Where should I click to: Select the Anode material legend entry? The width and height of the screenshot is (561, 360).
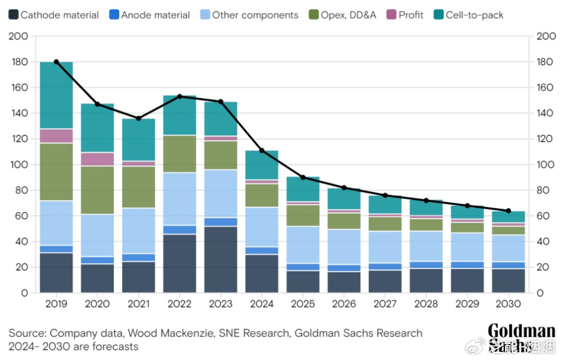click(x=149, y=15)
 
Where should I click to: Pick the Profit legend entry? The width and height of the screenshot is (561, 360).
click(x=403, y=15)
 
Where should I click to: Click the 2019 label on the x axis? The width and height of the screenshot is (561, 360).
click(x=56, y=304)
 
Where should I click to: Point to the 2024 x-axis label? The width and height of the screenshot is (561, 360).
click(x=261, y=304)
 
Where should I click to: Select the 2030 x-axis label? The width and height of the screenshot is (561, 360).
click(x=508, y=304)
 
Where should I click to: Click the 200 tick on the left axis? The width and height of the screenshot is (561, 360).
click(x=20, y=36)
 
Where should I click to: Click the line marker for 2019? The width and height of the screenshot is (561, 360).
click(x=57, y=62)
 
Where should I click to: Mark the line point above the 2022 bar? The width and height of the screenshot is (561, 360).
click(x=180, y=96)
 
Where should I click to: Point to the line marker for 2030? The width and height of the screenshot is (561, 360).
click(x=508, y=211)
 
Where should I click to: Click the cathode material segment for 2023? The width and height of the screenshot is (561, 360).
click(x=221, y=260)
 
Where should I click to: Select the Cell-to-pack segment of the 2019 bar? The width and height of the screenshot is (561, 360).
click(x=57, y=95)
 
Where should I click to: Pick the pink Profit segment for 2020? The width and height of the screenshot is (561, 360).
click(x=98, y=159)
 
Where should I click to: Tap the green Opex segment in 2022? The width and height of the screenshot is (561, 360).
click(x=180, y=153)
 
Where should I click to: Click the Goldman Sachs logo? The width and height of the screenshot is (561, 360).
click(x=521, y=338)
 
